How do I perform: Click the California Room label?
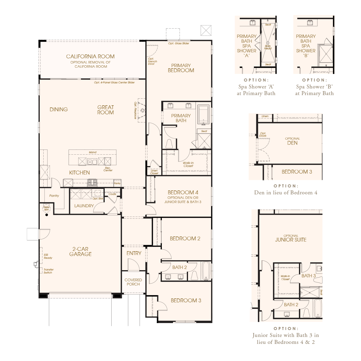pyautogui.click(x=90, y=56)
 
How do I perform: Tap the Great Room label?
pyautogui.click(x=106, y=110)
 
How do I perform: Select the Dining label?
pyautogui.click(x=59, y=110)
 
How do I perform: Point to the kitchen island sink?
pyautogui.click(x=92, y=162)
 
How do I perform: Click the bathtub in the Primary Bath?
pyautogui.click(x=203, y=115)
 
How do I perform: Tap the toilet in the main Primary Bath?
pyautogui.click(x=169, y=144)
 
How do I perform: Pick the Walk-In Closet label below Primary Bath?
pyautogui.click(x=188, y=164)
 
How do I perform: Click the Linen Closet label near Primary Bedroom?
pyautogui.click(x=154, y=172)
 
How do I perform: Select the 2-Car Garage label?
pyautogui.click(x=80, y=251)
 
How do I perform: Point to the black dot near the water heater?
pyautogui.click(x=47, y=215)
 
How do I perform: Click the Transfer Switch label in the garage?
pyautogui.click(x=48, y=271)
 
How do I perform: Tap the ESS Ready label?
pyautogui.click(x=48, y=256)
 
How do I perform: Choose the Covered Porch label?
pyautogui.click(x=133, y=282)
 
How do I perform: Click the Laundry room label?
pyautogui.click(x=84, y=206)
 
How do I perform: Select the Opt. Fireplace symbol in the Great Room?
pyautogui.click(x=142, y=110)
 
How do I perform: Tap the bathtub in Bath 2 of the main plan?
pyautogui.click(x=206, y=271)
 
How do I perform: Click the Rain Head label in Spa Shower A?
pyautogui.click(x=268, y=47)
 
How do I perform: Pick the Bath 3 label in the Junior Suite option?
pyautogui.click(x=308, y=276)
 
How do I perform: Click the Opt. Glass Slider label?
pyautogui.click(x=178, y=43)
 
